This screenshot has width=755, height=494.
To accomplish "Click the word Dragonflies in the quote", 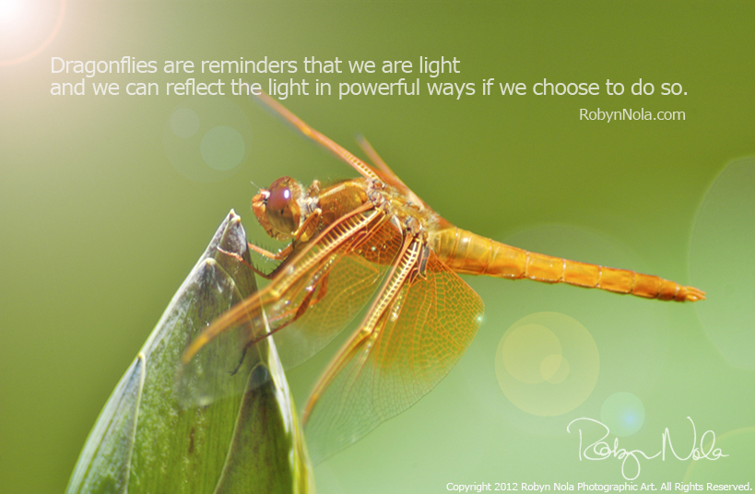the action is click(x=103, y=66).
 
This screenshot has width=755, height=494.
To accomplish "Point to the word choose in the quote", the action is click(x=565, y=88).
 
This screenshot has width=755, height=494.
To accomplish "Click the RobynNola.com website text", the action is click(x=631, y=114).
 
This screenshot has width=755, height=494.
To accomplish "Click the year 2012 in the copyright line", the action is click(x=506, y=487).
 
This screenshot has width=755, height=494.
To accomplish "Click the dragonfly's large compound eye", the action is click(x=284, y=205).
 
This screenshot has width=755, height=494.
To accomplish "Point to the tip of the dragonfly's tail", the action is click(x=704, y=294).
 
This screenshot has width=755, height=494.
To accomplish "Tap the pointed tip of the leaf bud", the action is click(x=233, y=212).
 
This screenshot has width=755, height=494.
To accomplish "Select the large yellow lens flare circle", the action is click(x=547, y=363).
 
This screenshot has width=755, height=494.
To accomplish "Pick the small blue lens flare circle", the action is click(x=622, y=414).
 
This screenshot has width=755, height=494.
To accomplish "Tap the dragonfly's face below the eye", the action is click(x=263, y=216).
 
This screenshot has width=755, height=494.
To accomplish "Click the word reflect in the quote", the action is click(x=195, y=88).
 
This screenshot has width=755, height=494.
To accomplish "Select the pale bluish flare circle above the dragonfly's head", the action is click(x=222, y=147).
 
